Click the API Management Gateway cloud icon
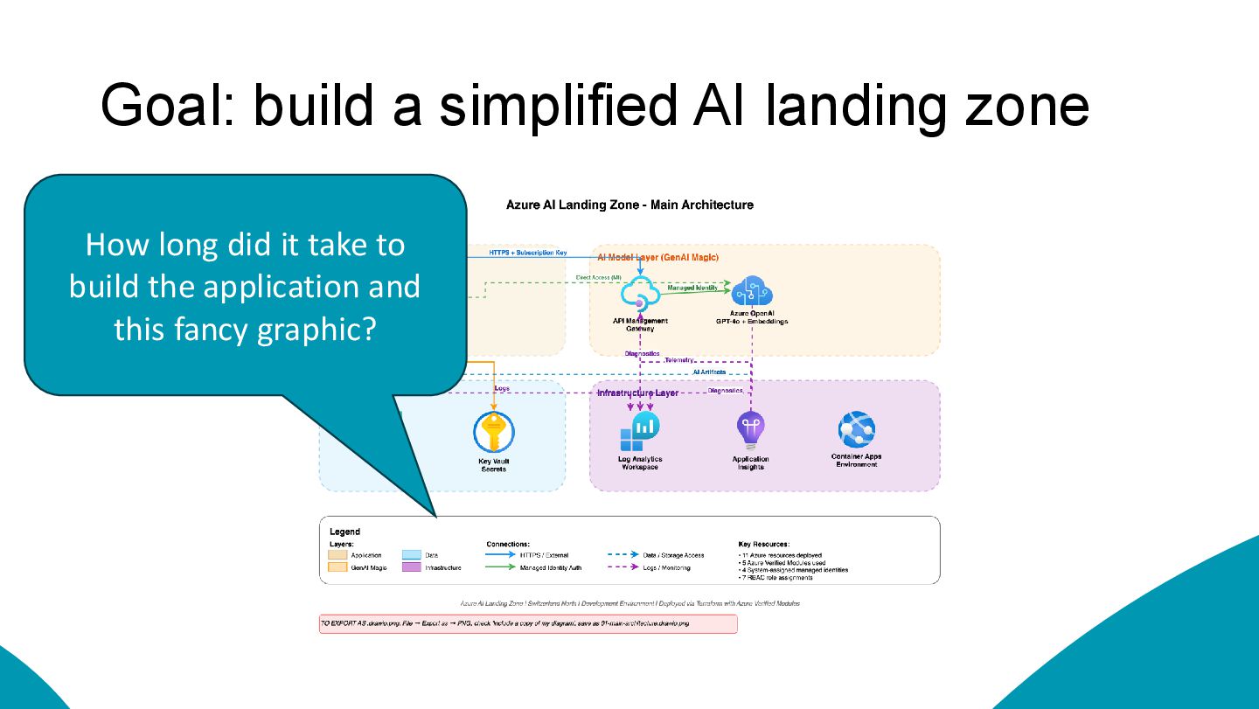[640, 294]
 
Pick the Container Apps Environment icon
[856, 430]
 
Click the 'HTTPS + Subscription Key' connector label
[527, 253]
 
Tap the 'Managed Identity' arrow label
[692, 287]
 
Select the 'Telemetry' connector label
[679, 360]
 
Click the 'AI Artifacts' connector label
[708, 372]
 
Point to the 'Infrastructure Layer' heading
[637, 393]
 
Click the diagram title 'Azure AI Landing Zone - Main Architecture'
[629, 205]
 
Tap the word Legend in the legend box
[344, 532]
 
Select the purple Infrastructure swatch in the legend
[411, 567]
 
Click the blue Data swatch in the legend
[411, 555]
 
